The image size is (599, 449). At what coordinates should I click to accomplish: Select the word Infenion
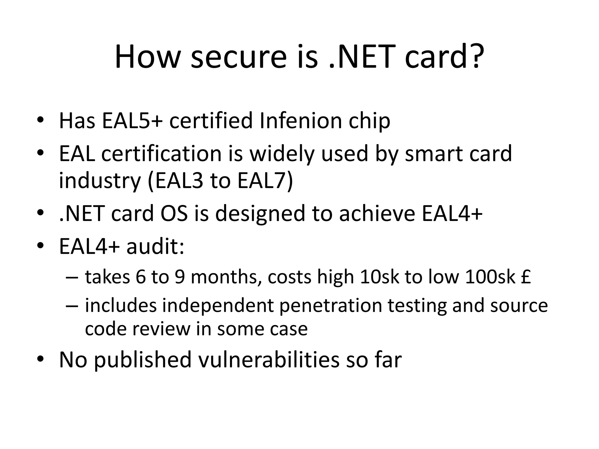pos(301,121)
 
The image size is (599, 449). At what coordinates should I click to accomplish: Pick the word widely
pos(282,154)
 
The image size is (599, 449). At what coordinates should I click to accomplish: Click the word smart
pos(434,154)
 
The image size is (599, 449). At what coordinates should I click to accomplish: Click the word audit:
pos(155,246)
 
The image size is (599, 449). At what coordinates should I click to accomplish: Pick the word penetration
pos(331,305)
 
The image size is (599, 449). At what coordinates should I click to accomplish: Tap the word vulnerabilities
pos(269,360)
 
